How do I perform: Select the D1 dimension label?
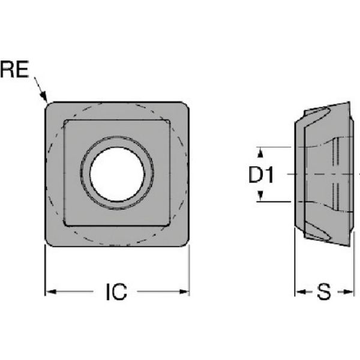tap(262, 175)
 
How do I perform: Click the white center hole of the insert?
tap(117, 173)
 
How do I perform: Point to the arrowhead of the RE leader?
tap(44, 97)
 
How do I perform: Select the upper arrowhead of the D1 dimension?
tap(261, 149)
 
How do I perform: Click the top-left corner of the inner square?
tap(65, 121)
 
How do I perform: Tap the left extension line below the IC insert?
tap(46, 270)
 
